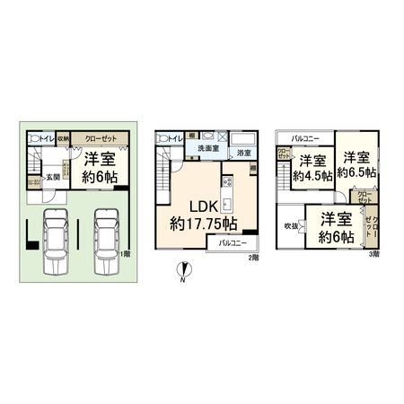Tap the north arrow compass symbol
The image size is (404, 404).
[185, 269]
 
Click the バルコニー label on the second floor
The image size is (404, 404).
[233, 243]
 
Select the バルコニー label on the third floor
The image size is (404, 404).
[305, 139]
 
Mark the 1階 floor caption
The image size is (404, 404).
[123, 254]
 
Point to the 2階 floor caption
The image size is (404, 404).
[255, 258]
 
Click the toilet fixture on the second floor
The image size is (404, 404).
[164, 138]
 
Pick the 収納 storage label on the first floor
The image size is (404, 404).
[64, 139]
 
